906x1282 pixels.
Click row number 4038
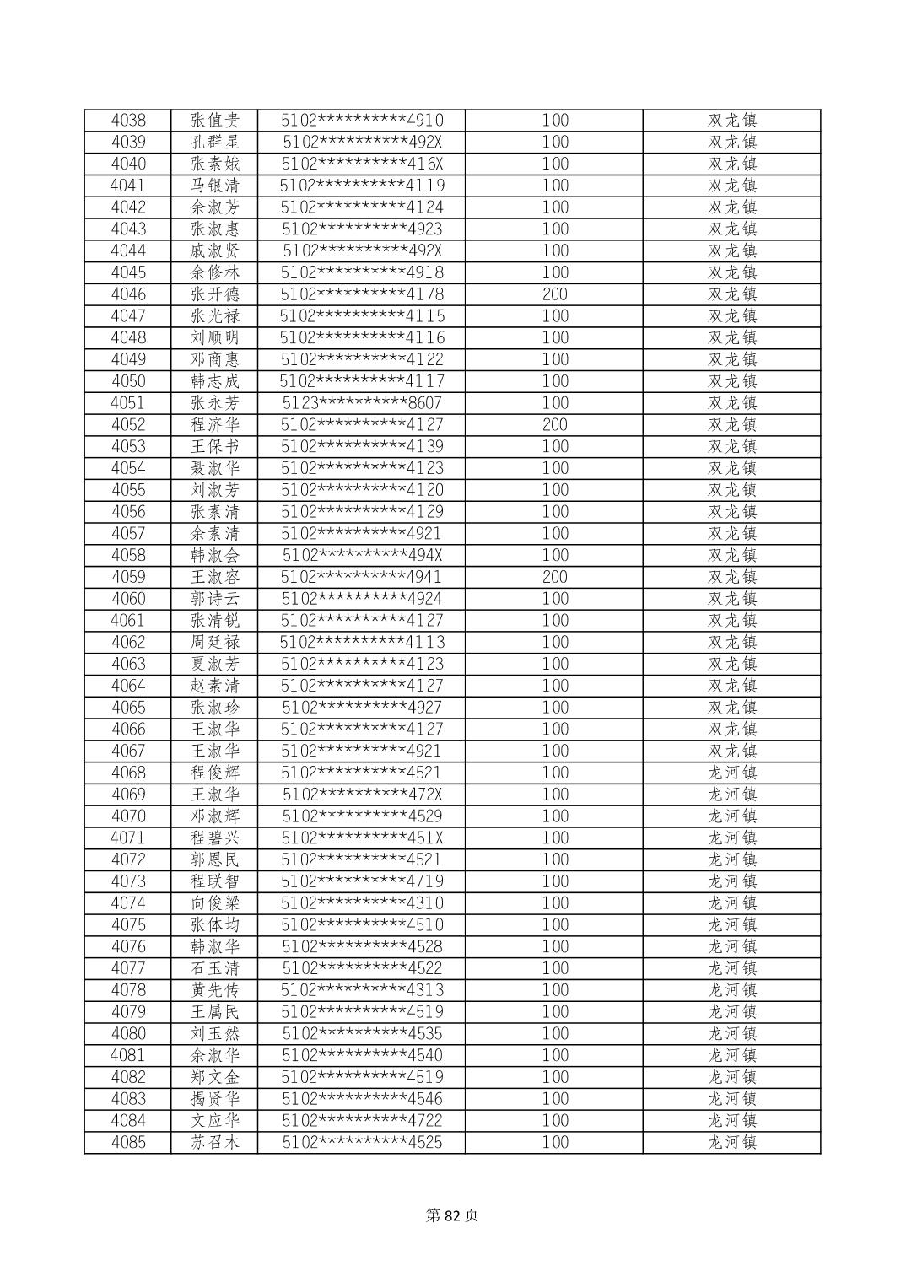tap(128, 121)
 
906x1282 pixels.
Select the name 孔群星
tap(215, 143)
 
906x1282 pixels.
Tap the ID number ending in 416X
tap(362, 164)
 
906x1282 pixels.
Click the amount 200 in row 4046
tap(554, 294)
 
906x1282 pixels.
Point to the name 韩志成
tap(215, 381)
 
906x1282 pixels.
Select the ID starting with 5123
tap(362, 403)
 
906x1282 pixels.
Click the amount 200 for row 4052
tap(554, 425)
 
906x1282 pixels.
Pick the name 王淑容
tap(215, 578)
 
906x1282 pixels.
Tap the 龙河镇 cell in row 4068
tap(731, 773)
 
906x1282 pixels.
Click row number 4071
tap(128, 838)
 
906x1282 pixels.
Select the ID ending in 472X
tap(362, 795)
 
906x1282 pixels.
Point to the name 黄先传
tap(215, 990)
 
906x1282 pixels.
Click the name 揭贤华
tap(215, 1099)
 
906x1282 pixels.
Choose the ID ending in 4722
tap(362, 1121)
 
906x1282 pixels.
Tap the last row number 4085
tap(128, 1143)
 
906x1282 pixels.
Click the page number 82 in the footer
tap(453, 1215)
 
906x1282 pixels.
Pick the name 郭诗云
tap(215, 599)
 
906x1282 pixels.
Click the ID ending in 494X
tap(362, 556)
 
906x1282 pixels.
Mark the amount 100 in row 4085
tap(554, 1143)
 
